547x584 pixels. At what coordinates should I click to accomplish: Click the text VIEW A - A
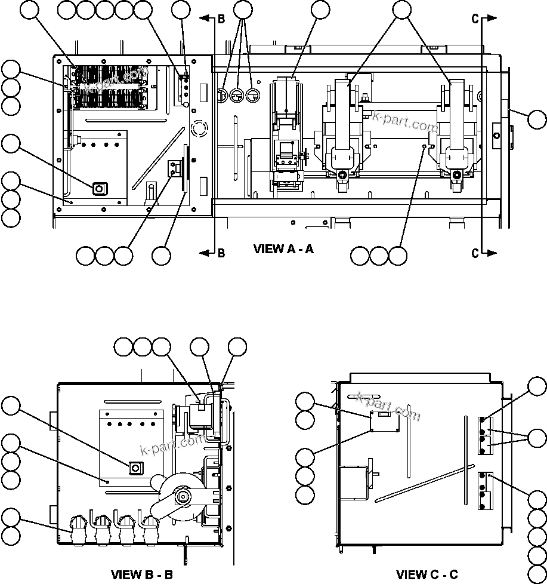click(283, 249)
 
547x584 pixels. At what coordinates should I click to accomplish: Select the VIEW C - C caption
click(427, 574)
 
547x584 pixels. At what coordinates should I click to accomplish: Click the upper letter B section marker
click(221, 19)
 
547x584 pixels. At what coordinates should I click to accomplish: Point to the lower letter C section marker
click(475, 253)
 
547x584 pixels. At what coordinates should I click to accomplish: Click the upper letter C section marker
click(475, 19)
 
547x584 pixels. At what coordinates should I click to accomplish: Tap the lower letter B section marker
click(221, 253)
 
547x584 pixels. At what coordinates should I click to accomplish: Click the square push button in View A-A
click(99, 189)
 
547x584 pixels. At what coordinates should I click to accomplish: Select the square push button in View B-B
click(135, 467)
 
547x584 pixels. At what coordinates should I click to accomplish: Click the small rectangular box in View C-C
click(385, 421)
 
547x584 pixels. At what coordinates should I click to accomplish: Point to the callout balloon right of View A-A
click(537, 119)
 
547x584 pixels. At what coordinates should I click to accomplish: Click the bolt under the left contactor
click(342, 175)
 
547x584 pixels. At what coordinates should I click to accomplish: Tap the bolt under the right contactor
click(456, 175)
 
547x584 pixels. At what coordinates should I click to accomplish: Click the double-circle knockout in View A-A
click(197, 127)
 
